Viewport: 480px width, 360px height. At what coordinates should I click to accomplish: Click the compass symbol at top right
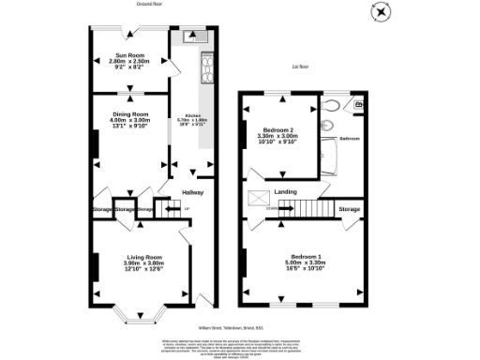click(381, 11)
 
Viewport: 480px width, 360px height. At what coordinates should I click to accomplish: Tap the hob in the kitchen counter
click(206, 67)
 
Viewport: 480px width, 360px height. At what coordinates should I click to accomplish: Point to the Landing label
click(285, 192)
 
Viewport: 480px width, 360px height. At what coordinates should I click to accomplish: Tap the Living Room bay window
click(144, 314)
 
